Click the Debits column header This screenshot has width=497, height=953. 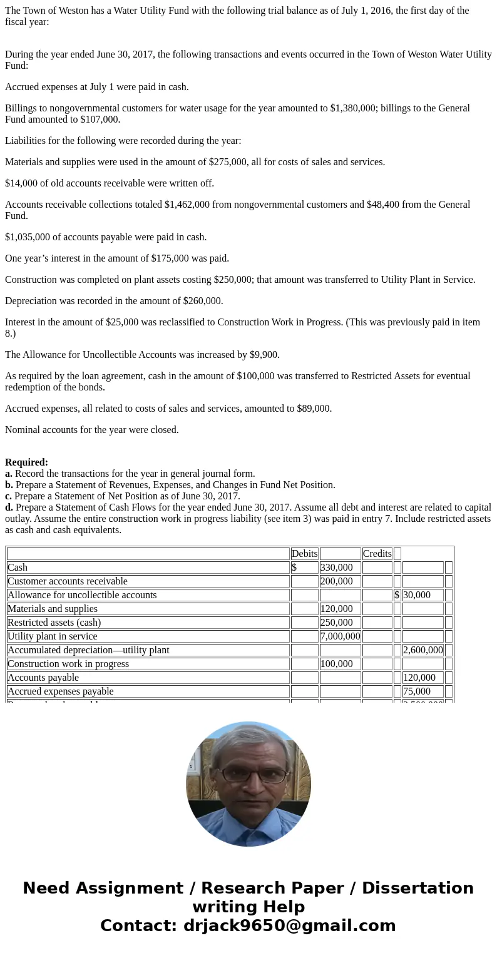coord(304,554)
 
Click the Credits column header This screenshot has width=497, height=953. coord(377,554)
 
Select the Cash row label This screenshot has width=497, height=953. coord(18,568)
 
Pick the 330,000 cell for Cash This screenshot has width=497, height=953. coord(336,568)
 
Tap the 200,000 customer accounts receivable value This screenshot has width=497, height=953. coord(336,581)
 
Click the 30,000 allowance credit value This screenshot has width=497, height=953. coord(416,595)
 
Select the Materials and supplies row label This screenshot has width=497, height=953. coord(53,609)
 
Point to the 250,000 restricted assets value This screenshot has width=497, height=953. coord(336,623)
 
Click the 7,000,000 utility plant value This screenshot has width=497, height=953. coord(340,636)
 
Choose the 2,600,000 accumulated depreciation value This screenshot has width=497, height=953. coord(423,650)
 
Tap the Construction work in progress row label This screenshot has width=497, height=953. coord(68,664)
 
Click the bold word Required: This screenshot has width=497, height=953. coord(26,462)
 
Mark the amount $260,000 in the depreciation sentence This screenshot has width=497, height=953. coord(203,301)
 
